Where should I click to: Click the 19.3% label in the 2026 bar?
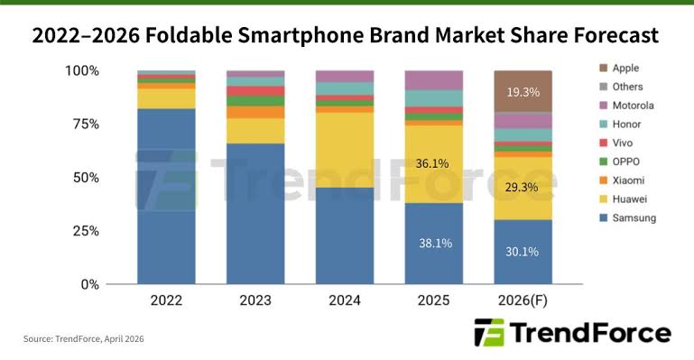click(x=523, y=91)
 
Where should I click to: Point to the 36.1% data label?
click(x=433, y=164)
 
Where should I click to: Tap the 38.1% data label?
click(x=433, y=243)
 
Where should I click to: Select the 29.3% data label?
click(x=523, y=187)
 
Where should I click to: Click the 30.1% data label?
click(x=523, y=252)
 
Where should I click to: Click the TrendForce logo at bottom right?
click(x=571, y=333)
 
